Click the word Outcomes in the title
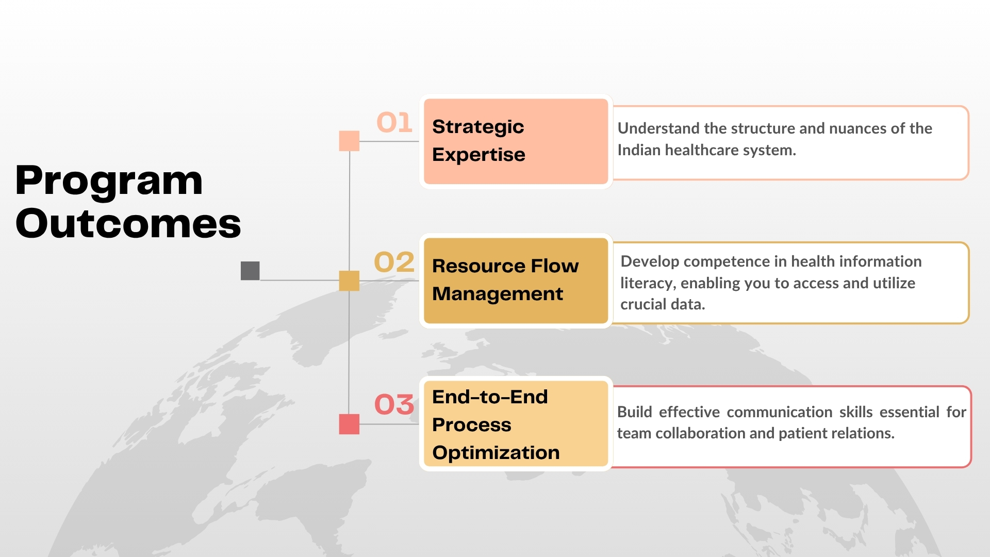[128, 224]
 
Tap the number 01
[394, 123]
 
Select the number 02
[394, 262]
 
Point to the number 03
[394, 404]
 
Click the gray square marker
[250, 271]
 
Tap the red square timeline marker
[349, 424]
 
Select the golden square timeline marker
[349, 281]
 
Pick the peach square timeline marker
[349, 141]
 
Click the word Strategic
[478, 127]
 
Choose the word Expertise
[478, 155]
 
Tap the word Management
[498, 294]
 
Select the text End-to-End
[490, 397]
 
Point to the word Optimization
[496, 453]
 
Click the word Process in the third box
[472, 425]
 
